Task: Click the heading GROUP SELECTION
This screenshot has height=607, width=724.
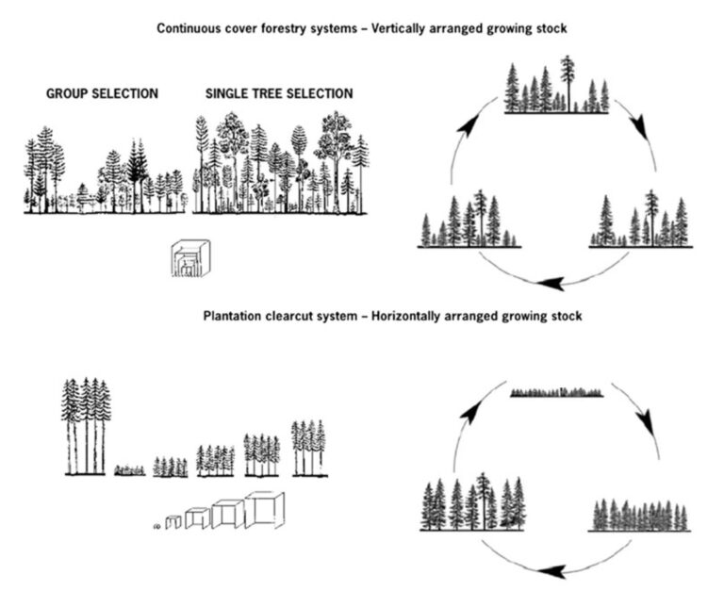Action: (102, 93)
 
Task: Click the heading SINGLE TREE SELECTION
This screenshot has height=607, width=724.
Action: (279, 93)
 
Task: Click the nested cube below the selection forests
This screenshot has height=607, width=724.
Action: (190, 258)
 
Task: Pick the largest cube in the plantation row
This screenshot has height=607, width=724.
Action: (264, 510)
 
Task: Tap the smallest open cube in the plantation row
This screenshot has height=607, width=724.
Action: (173, 522)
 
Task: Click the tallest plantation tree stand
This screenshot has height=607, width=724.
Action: (86, 427)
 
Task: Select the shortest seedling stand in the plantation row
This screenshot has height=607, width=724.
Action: (130, 470)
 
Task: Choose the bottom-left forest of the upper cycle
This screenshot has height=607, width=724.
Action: (469, 219)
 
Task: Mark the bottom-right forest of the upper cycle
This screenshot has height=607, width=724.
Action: (640, 219)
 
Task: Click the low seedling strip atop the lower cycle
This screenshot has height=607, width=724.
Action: (557, 392)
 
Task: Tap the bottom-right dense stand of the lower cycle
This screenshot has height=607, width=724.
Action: (639, 516)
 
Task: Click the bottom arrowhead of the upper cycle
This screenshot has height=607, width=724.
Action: (551, 283)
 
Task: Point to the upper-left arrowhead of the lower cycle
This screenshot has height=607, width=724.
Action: (469, 411)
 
